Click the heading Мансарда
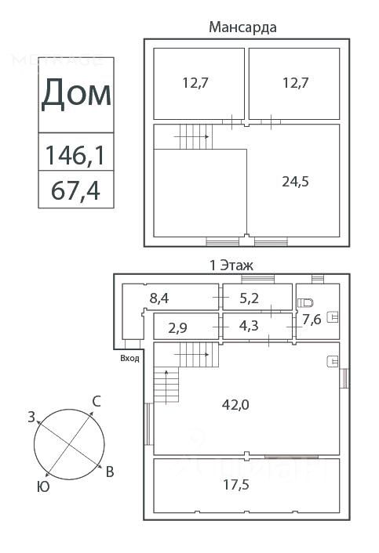242,27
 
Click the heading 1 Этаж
231,266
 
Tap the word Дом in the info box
76,94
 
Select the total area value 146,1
75,155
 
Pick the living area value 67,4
75,190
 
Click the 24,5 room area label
295,182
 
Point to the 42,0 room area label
235,404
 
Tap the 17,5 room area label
236,485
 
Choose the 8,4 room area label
159,298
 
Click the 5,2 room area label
249,298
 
